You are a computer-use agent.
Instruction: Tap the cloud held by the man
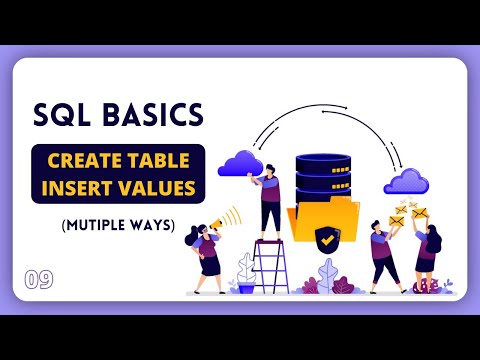(245, 161)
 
